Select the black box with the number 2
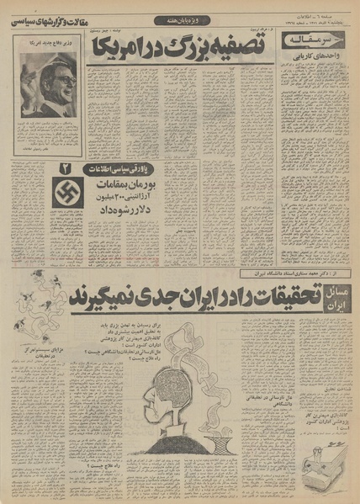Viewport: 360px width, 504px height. [62, 171]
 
